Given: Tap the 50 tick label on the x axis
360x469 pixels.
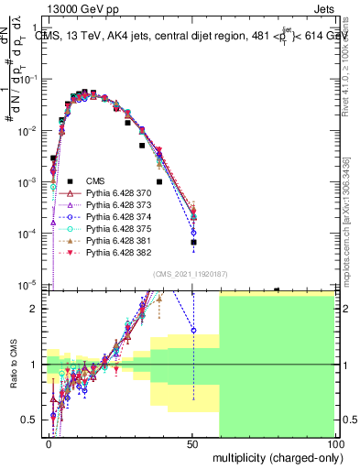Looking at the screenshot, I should point(193,443).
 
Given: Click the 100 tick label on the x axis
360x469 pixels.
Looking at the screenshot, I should point(335,443).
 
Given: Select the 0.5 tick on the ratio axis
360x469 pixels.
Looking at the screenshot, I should point(32,420).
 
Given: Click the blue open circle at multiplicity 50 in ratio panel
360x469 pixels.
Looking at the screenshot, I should point(193,330).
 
